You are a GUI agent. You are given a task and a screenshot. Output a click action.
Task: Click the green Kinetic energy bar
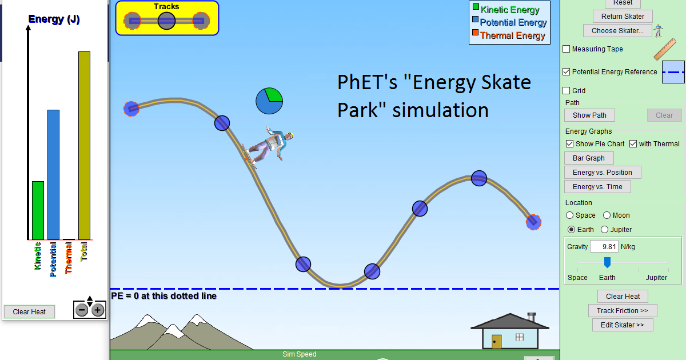[38, 210]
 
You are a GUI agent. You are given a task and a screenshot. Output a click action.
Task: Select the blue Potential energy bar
[53, 174]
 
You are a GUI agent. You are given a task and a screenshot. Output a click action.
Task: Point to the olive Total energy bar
[84, 145]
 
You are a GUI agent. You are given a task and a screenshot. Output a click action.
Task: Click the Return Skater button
[623, 17]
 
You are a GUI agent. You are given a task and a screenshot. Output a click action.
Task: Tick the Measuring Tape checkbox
[567, 49]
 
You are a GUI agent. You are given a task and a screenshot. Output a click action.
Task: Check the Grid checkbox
[567, 91]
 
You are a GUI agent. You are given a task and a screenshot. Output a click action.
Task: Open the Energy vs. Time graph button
[597, 187]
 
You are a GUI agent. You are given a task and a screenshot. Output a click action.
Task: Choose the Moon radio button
[608, 215]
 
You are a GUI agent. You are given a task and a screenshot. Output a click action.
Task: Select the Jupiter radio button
[605, 230]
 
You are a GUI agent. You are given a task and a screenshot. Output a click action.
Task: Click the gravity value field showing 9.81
[604, 247]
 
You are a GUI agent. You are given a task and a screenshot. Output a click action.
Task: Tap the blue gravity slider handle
[608, 262]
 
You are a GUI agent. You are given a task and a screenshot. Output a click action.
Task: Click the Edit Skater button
[623, 325]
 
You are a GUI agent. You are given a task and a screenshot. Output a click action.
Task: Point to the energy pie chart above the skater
[269, 101]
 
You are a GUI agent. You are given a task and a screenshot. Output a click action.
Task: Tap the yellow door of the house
[496, 341]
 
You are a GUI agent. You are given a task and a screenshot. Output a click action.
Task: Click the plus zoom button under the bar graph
[98, 310]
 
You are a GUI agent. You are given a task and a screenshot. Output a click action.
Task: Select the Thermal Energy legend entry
[508, 35]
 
